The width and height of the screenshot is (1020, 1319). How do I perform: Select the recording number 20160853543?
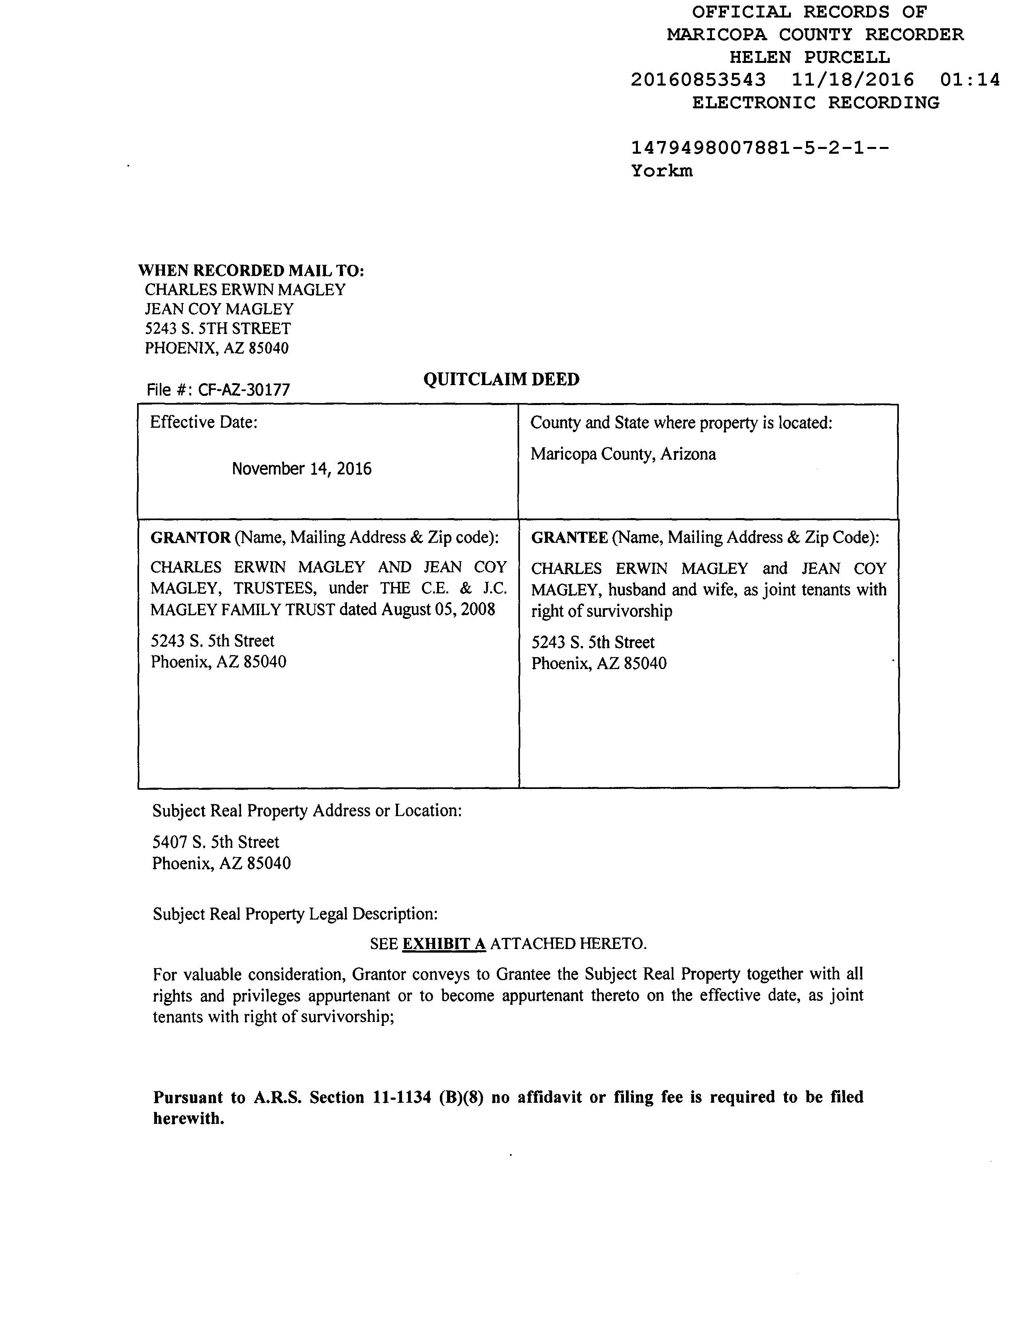tap(698, 80)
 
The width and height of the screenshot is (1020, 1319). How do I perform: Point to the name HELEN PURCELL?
tap(809, 57)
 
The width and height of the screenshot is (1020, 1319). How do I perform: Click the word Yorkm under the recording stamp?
tap(662, 171)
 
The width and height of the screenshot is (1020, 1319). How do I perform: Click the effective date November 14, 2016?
tap(302, 469)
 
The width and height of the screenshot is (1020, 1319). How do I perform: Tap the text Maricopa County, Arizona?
tap(623, 454)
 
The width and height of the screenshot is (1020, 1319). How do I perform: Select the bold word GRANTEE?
tap(569, 538)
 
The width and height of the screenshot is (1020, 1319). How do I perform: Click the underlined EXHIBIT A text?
tap(444, 943)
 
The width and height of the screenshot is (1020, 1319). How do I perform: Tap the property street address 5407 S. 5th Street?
tap(216, 842)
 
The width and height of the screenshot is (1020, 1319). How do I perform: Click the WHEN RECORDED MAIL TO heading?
tap(251, 270)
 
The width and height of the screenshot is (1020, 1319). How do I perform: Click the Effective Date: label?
tap(204, 422)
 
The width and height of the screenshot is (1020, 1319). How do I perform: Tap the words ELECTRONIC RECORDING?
tap(815, 103)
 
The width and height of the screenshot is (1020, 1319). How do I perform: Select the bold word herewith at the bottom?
tap(188, 1119)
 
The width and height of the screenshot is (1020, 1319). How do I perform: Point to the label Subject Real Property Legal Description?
tap(295, 913)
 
